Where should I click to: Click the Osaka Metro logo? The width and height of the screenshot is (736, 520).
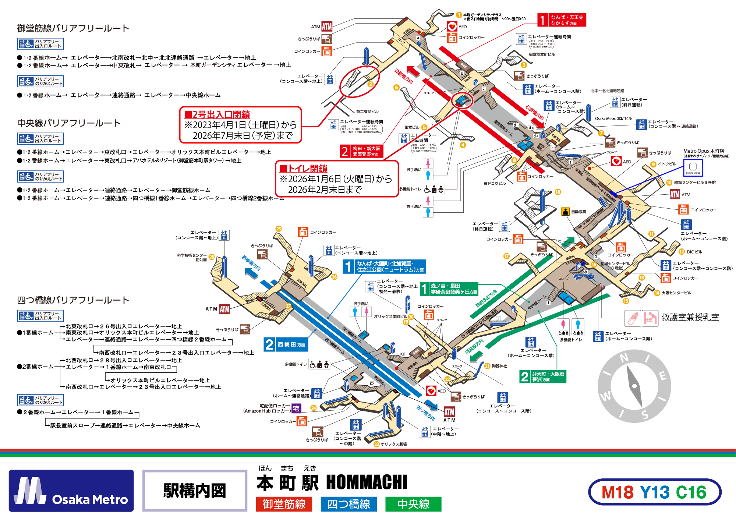point(71,491)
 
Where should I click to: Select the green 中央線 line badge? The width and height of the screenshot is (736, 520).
point(413,504)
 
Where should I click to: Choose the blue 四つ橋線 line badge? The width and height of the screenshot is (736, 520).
point(348,504)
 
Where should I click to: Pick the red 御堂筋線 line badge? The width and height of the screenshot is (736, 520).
point(284,504)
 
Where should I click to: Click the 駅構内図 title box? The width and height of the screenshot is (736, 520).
point(195,491)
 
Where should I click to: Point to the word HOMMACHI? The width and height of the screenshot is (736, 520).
point(367,482)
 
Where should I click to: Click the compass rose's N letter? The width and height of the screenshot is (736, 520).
point(624,358)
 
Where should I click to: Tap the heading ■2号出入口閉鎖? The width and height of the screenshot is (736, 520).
point(217,114)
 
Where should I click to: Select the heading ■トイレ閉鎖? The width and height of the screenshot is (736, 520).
point(304,169)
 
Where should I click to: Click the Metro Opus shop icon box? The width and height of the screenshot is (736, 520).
point(693,167)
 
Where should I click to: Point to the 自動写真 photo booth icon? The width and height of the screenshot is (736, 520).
point(565,212)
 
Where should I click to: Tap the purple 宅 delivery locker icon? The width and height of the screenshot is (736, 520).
point(296,408)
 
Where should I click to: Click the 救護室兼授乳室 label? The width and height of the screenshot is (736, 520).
point(690,317)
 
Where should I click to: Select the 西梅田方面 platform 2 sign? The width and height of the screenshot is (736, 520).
point(286,344)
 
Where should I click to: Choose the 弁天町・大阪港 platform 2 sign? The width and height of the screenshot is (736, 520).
point(543,376)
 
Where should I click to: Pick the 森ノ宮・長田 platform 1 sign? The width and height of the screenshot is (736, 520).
point(449,289)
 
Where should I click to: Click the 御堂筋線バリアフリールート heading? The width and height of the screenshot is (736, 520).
point(73,28)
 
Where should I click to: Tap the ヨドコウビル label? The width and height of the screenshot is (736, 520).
point(495,183)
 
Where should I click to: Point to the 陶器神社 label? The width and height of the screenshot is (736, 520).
point(499,366)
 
